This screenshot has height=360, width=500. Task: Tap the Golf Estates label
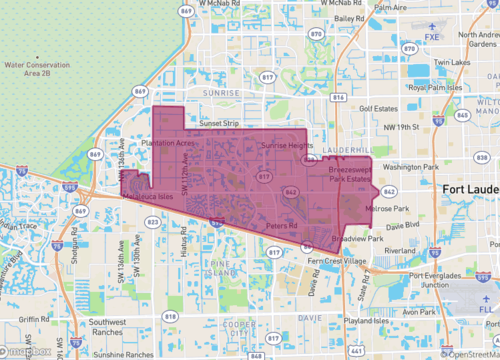[x=379, y=114]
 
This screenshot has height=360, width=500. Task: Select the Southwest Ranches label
[x=113, y=327]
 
